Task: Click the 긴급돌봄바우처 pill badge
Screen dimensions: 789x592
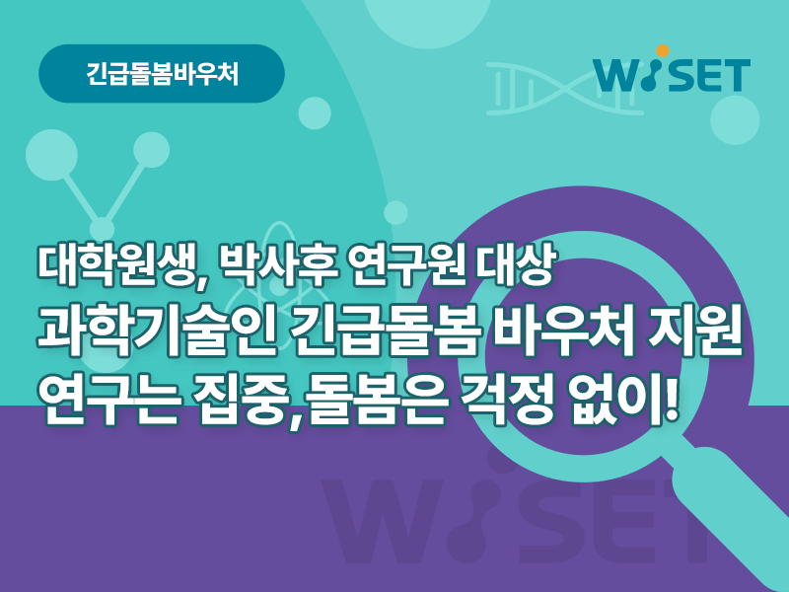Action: click(x=162, y=73)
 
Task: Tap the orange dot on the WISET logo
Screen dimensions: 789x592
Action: click(x=663, y=51)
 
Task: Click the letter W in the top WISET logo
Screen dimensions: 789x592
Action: click(x=619, y=76)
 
